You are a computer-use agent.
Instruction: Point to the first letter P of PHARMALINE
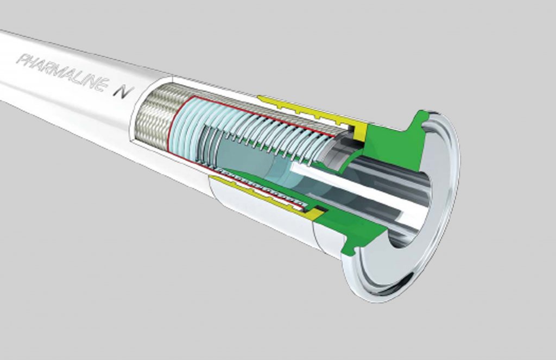click(22, 59)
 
